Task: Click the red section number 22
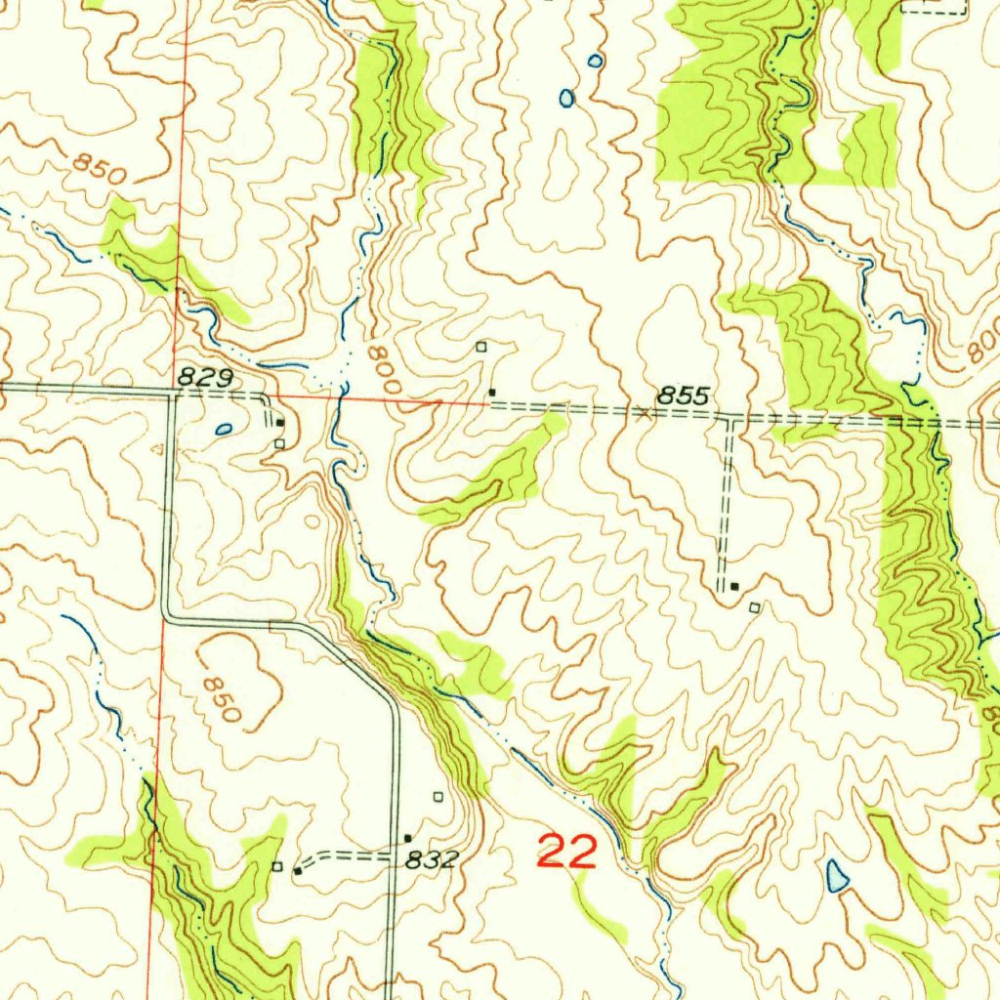tap(567, 853)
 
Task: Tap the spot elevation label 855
tap(683, 396)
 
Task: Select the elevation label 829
tap(203, 375)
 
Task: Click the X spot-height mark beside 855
tap(642, 414)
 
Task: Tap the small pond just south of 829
tap(224, 428)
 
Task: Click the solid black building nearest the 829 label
tap(280, 423)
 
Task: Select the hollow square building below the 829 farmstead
tap(279, 443)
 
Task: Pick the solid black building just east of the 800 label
tap(492, 393)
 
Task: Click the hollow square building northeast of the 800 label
tap(480, 347)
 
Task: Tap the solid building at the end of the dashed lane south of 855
tap(734, 586)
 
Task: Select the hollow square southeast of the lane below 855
tap(754, 607)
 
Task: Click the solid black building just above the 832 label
tap(408, 838)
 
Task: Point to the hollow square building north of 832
tap(437, 796)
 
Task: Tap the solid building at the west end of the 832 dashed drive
tap(297, 870)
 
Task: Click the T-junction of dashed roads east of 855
tap(729, 418)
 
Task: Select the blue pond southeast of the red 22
tap(837, 875)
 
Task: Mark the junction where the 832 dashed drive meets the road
tap(394, 856)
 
